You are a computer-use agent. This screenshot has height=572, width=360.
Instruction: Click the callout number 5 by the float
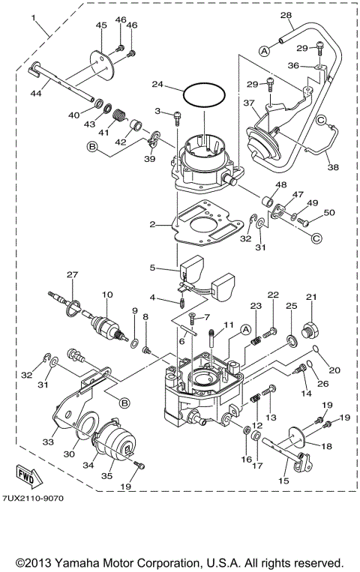click(x=152, y=266)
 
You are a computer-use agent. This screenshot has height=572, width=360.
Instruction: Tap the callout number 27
click(x=72, y=274)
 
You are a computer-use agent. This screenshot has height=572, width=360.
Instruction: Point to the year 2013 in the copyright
click(x=46, y=562)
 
